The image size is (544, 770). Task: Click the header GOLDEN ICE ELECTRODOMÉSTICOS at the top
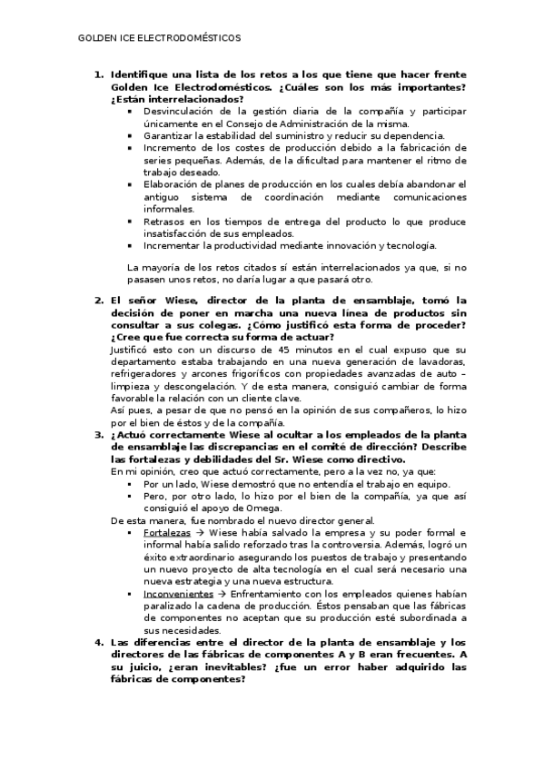coord(160,39)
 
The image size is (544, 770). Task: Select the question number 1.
coord(99,74)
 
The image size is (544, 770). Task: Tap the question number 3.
coord(99,434)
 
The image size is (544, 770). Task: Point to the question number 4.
coord(99,642)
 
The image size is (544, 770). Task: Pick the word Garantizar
coord(166,134)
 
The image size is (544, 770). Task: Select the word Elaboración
coord(173,183)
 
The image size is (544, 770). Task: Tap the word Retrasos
coord(163,221)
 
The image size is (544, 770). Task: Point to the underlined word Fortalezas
coord(166,531)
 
